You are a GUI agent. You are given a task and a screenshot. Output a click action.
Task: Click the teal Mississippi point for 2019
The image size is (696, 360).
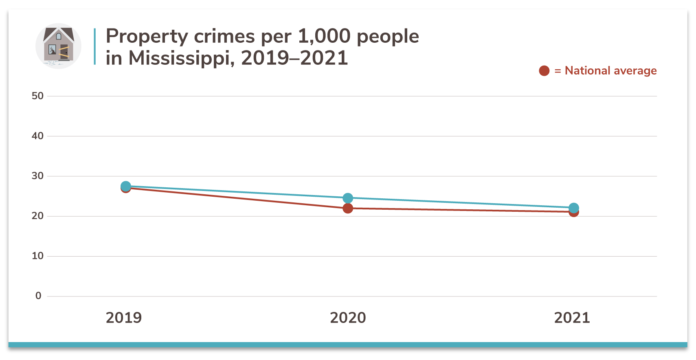[126, 186]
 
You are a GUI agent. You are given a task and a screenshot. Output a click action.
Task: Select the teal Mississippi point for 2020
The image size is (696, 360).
[348, 198]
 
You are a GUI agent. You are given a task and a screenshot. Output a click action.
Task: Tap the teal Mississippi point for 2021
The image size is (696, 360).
[573, 208]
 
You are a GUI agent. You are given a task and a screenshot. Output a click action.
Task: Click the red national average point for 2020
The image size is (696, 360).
[348, 209]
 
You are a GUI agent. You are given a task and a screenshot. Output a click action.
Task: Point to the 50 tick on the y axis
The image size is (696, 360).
[37, 96]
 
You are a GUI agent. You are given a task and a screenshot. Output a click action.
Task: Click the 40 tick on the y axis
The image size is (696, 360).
[37, 136]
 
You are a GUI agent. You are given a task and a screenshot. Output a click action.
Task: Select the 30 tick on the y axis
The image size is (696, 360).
[37, 176]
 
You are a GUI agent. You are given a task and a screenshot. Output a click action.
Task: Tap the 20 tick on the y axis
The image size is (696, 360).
[37, 216]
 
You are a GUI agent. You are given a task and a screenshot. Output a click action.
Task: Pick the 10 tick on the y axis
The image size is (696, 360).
[37, 256]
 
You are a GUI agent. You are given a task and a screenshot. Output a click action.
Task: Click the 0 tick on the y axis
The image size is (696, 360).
[38, 296]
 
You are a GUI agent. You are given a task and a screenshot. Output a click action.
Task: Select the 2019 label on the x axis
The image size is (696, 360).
[124, 318]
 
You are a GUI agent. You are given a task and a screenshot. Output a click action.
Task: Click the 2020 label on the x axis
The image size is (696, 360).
[348, 318]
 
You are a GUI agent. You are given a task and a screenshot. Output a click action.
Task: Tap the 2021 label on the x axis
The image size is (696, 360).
[572, 318]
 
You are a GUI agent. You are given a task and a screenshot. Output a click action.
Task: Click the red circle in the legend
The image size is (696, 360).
[544, 71]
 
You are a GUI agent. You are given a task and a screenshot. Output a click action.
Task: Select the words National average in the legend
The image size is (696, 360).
[610, 71]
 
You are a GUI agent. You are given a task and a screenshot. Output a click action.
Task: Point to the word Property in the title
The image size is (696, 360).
[147, 37]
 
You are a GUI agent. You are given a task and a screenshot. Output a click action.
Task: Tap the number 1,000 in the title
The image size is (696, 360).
[324, 37]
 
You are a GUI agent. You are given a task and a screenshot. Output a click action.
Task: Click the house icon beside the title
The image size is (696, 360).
[58, 46]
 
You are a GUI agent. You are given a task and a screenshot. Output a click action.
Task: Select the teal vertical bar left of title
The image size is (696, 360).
[95, 46]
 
